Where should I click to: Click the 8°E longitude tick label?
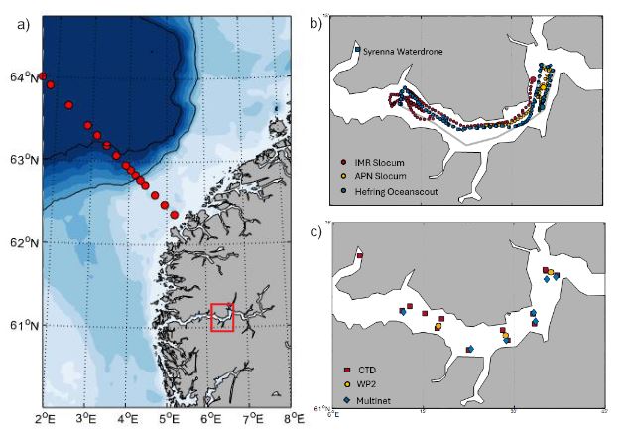tap(294, 419)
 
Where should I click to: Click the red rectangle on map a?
tap(222, 318)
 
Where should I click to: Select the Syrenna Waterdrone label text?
tap(402, 50)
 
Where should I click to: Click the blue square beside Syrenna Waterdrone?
tap(357, 49)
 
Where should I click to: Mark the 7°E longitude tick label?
tap(252, 419)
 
